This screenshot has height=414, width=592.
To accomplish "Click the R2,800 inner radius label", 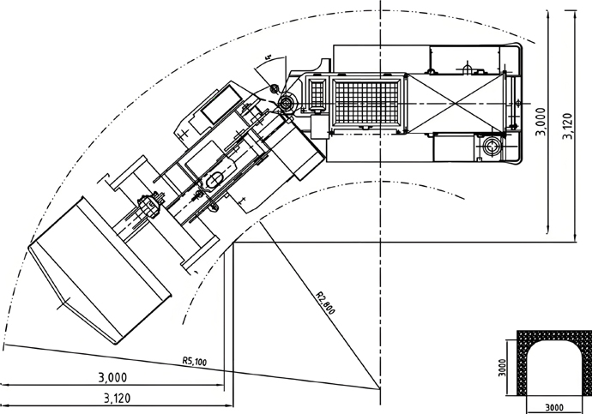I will click(325, 308).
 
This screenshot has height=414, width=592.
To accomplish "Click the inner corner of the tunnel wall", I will click(233, 245).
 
